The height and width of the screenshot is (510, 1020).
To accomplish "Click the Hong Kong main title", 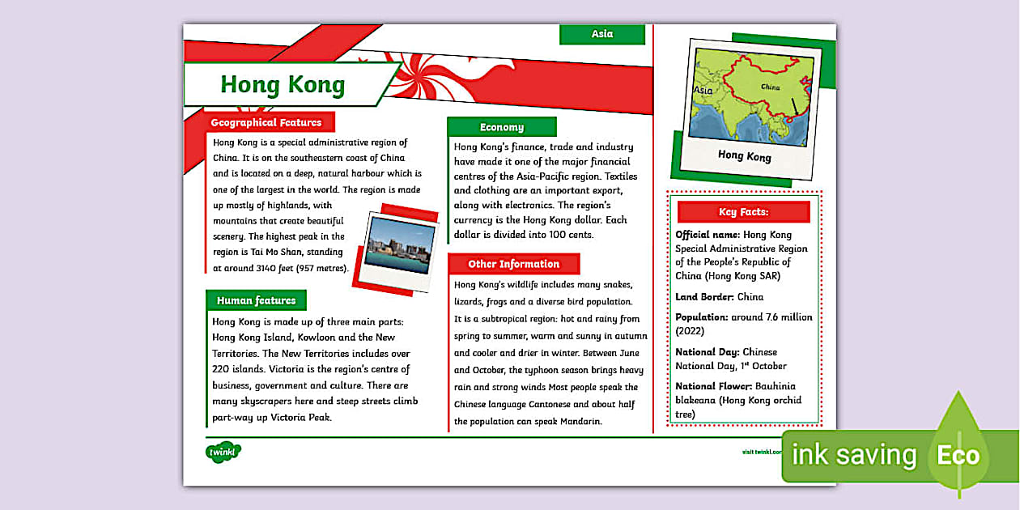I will (283, 85).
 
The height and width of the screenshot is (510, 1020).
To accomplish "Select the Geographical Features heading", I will (266, 123).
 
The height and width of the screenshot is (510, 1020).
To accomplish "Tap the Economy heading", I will (501, 127).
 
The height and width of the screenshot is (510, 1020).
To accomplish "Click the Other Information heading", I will (513, 264).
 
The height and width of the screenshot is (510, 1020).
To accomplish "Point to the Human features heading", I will (256, 300).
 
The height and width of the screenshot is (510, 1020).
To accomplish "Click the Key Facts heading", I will (743, 212).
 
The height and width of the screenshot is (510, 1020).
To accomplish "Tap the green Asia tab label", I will (602, 34).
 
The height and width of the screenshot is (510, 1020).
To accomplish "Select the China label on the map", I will (770, 87).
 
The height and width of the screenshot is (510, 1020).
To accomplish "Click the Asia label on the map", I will (703, 91).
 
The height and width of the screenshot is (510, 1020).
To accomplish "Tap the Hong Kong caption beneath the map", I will (744, 155).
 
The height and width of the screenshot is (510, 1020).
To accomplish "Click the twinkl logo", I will (223, 452).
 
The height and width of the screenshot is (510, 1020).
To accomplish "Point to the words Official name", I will (708, 235).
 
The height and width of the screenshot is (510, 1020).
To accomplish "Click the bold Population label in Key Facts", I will (702, 317).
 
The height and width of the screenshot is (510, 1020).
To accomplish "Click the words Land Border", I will (704, 297).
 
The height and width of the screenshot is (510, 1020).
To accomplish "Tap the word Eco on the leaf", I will (958, 455).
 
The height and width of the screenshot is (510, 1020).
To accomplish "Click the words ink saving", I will (853, 455).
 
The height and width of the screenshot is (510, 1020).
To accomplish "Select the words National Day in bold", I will (707, 352).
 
